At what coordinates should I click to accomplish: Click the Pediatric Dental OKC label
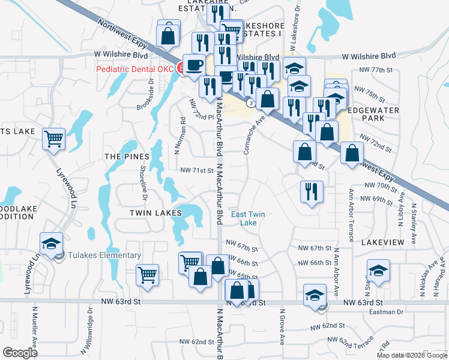coord(135,69)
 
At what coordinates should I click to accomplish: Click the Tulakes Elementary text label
coord(104,255)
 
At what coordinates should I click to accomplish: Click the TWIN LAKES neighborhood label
coord(155,213)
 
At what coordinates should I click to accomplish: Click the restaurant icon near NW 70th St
coord(312,191)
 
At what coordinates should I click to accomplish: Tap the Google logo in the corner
coord(20,353)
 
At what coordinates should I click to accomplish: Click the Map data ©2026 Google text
coord(412,355)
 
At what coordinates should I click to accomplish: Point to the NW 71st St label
coord(197,170)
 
